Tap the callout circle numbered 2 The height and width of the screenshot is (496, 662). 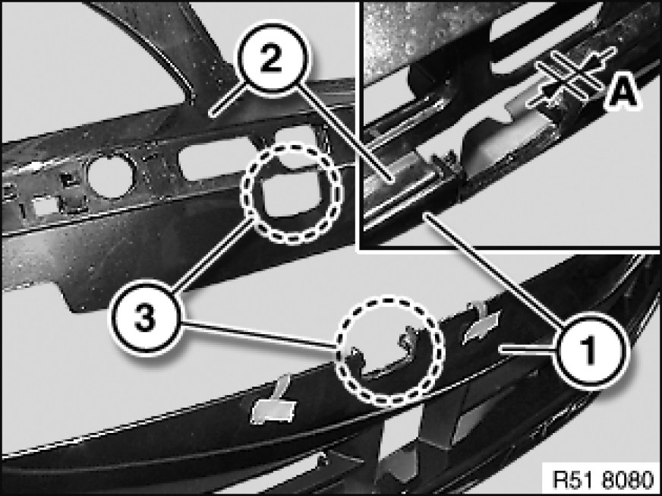270,58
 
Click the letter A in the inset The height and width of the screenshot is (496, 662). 622,92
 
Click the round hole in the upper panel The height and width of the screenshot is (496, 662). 111,175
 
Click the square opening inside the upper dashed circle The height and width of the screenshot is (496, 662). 292,195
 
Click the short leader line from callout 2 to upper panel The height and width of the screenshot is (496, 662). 228,100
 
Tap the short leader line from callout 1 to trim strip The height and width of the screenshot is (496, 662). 526,349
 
